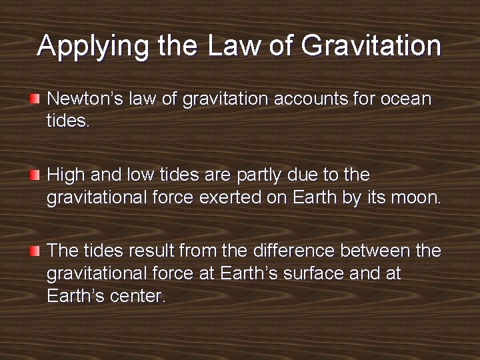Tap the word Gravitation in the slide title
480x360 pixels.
pyautogui.click(x=371, y=47)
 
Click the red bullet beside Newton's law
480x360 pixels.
pyautogui.click(x=35, y=99)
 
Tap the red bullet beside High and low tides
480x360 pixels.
pyautogui.click(x=35, y=175)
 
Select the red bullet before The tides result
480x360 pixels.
pyautogui.click(x=35, y=251)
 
